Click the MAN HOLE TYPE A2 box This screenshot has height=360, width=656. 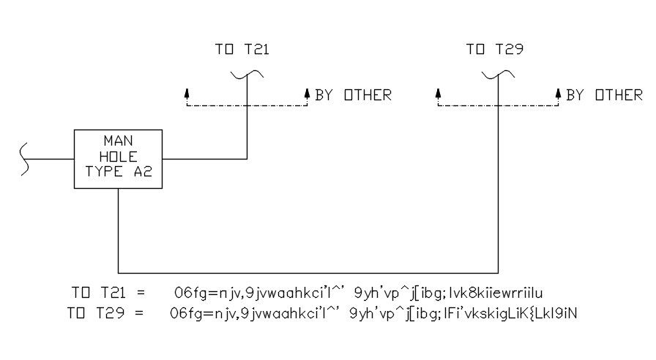[x=119, y=158]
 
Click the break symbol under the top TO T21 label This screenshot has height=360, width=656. [x=247, y=73]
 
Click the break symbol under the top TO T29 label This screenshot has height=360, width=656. [x=498, y=73]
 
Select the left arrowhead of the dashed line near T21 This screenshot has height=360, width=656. [x=187, y=93]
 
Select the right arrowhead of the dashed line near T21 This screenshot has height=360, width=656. [x=307, y=93]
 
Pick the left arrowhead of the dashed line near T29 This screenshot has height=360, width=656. [x=438, y=93]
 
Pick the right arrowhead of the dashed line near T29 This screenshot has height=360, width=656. [x=558, y=93]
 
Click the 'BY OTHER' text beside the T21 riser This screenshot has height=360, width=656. [x=354, y=95]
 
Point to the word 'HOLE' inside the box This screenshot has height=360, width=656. [x=119, y=157]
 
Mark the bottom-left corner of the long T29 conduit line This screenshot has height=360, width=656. [x=119, y=272]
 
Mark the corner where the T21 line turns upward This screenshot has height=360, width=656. [x=247, y=158]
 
